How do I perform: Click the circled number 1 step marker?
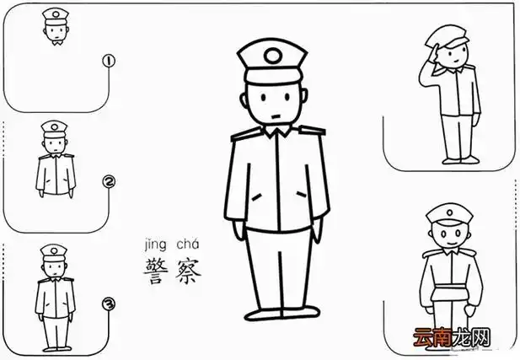pyautogui.click(x=108, y=60)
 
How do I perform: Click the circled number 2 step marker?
pyautogui.click(x=108, y=181)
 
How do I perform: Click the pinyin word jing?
pyautogui.click(x=157, y=244)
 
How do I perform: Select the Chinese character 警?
pyautogui.click(x=157, y=271)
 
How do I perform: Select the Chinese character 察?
pyautogui.click(x=187, y=271)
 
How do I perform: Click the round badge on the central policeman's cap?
pyautogui.click(x=271, y=57)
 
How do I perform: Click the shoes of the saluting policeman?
pyautogui.click(x=456, y=159)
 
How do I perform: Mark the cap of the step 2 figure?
pyautogui.click(x=54, y=129)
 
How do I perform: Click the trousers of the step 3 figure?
pyautogui.click(x=55, y=330)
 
